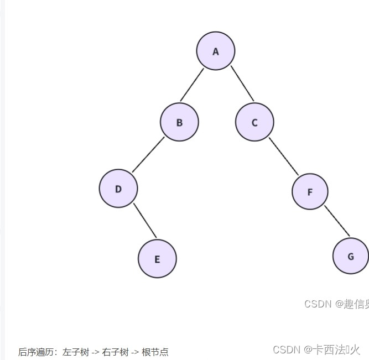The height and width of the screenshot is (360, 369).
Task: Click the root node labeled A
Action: click(x=216, y=51)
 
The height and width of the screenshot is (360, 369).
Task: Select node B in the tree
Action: click(x=179, y=122)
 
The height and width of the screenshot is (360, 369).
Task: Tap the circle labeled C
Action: click(x=254, y=122)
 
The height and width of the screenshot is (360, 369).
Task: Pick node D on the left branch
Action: click(x=118, y=189)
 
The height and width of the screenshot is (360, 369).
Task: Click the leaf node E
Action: click(x=157, y=258)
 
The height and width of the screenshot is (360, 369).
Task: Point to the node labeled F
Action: click(x=310, y=192)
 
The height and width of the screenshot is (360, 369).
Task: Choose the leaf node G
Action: click(x=351, y=256)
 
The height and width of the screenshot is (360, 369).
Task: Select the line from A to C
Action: click(x=242, y=84)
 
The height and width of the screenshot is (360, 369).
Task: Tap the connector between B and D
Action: click(x=148, y=154)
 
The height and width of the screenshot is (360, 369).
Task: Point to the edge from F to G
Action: click(x=337, y=221)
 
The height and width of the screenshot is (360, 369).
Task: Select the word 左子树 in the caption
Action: click(x=76, y=352)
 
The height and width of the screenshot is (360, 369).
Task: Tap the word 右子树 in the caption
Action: click(x=115, y=352)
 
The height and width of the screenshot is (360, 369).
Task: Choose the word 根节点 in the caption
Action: click(x=155, y=352)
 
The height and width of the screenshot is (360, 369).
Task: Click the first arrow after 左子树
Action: click(x=96, y=352)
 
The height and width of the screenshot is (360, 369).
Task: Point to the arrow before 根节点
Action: click(x=135, y=352)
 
